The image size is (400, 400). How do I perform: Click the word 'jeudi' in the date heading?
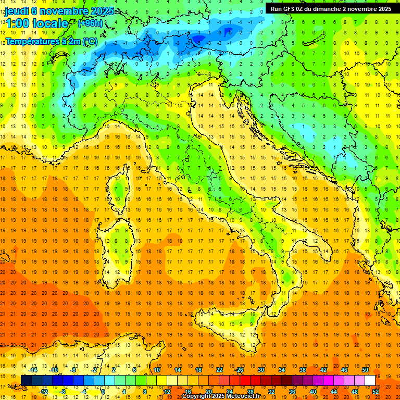(x=17, y=11)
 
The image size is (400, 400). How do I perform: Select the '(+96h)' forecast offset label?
(x=90, y=23)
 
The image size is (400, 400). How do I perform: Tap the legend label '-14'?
(x=33, y=370)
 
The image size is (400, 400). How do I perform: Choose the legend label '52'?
(x=376, y=392)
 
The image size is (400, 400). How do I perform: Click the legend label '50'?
(x=365, y=370)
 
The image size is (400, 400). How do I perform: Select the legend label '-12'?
(x=44, y=392)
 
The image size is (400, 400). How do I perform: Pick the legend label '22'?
(x=219, y=370)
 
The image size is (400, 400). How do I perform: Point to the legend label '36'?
(x=292, y=392)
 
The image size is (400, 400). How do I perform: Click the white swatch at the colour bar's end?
(x=370, y=381)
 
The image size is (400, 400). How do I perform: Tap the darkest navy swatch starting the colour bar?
(x=26, y=381)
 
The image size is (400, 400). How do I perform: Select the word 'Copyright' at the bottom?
(x=198, y=396)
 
